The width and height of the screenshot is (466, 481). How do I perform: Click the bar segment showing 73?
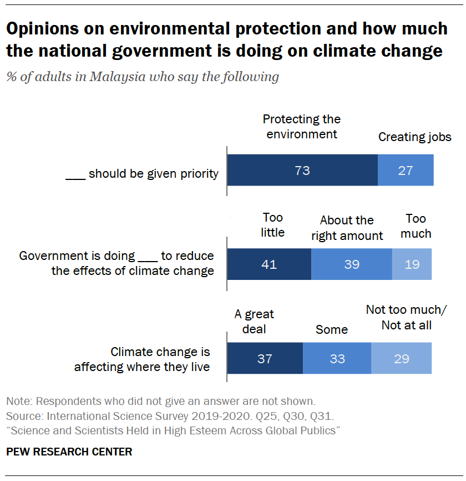coord(302,170)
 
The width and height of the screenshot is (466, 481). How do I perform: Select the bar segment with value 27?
coord(406,170)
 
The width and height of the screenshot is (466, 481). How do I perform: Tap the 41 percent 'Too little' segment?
coord(269,264)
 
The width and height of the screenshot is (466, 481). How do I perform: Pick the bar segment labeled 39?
coord(351,264)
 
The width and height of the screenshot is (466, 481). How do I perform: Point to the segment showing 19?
coord(412,264)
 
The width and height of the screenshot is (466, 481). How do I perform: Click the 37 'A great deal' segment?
coord(265,358)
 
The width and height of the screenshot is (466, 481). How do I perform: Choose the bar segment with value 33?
coord(337,358)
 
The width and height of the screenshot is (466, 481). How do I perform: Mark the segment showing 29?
coord(401,358)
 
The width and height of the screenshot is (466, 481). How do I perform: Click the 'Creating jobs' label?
coord(414,137)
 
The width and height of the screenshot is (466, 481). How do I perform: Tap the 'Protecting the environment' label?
coord(302,127)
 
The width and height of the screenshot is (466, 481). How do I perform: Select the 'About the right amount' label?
coord(347,228)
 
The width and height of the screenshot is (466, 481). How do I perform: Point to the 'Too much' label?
coord(416,226)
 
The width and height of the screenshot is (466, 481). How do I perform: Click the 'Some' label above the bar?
coord(332,329)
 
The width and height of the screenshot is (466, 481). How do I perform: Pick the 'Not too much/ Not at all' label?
coord(406,317)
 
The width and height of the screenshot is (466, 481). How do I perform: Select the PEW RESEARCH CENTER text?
coord(69,452)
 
